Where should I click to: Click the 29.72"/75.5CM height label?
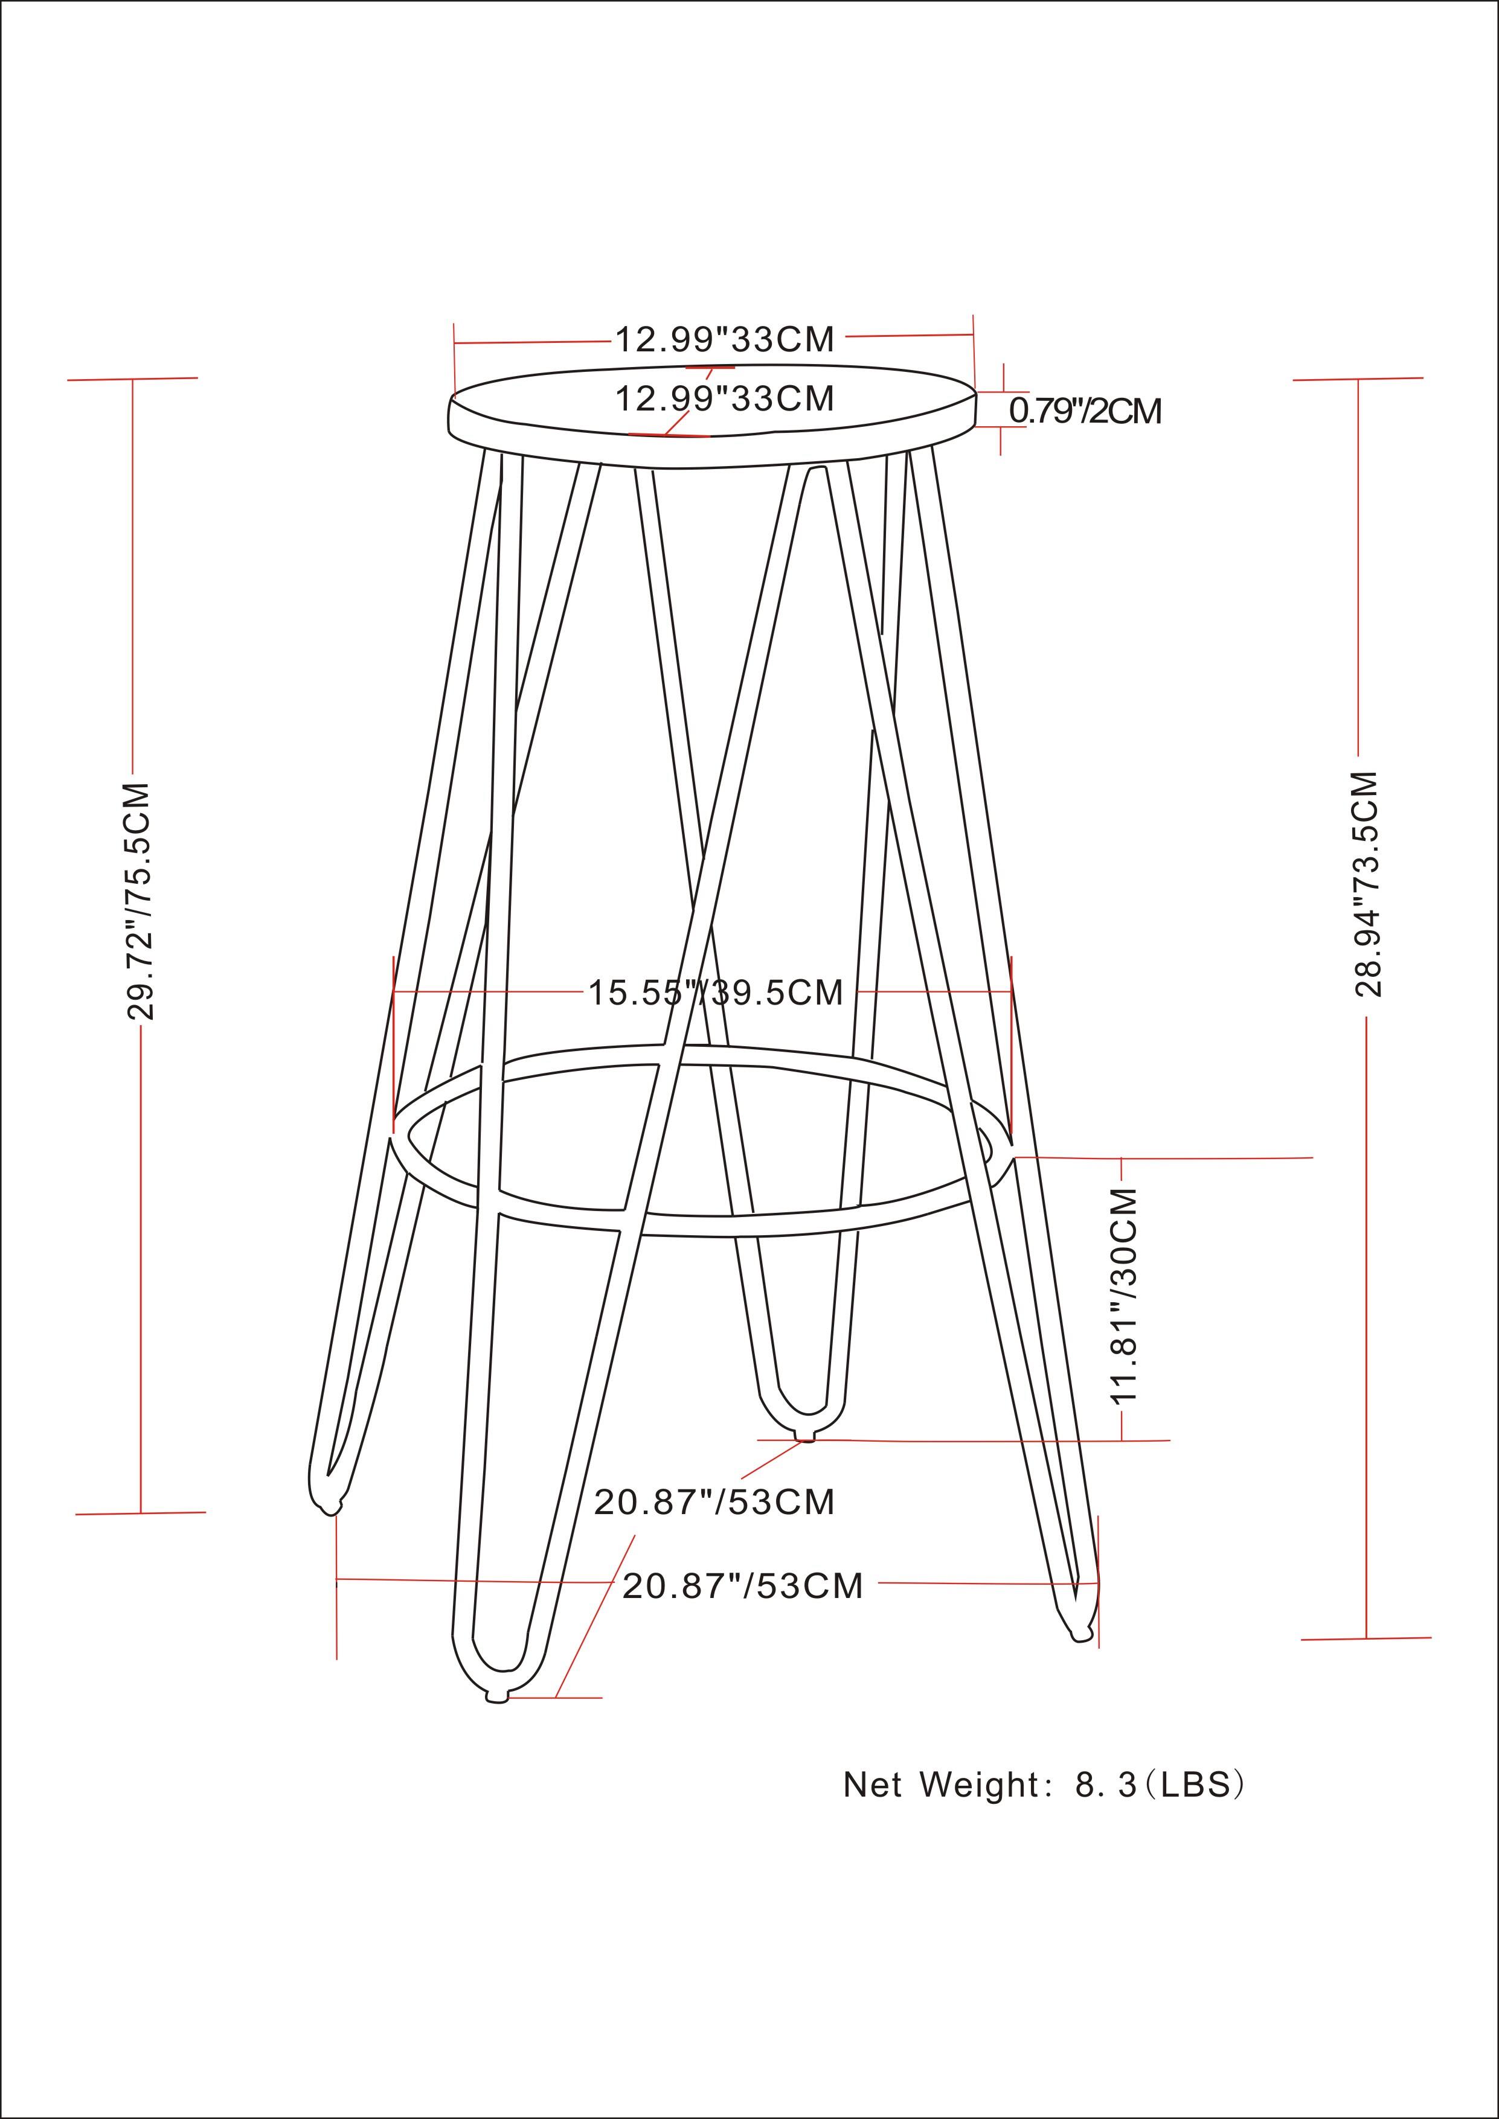[138, 902]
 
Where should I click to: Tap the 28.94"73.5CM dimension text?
[1367, 884]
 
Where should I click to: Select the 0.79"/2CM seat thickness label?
[1085, 411]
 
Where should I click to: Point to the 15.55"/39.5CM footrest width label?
[716, 993]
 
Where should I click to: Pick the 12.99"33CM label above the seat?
[725, 340]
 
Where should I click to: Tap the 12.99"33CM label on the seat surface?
[725, 398]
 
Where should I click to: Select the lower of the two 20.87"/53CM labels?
[743, 1585]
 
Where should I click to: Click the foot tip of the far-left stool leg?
[328, 1509]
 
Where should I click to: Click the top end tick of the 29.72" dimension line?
[133, 379]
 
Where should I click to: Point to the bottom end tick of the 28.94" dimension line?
[1366, 1638]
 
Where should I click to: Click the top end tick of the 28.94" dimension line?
[1358, 379]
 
